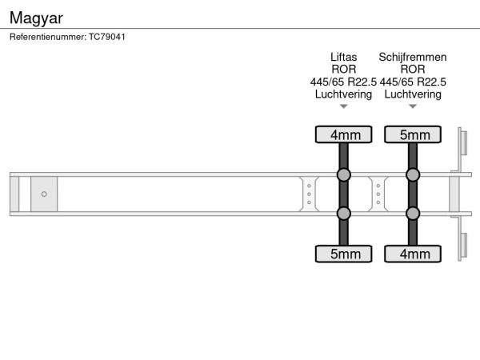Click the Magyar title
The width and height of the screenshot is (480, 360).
(36, 18)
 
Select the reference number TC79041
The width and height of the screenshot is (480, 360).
(107, 37)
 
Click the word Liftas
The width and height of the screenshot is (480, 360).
(343, 58)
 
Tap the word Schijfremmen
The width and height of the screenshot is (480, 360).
(413, 58)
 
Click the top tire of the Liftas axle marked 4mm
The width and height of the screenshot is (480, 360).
(343, 134)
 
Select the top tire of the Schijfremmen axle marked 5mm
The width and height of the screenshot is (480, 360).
(413, 134)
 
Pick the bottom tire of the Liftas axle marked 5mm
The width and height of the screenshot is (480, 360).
(343, 254)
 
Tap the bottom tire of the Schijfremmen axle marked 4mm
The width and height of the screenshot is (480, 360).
(413, 254)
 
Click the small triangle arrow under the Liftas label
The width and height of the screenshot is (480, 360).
(343, 106)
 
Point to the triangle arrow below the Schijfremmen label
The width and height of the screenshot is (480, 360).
(413, 106)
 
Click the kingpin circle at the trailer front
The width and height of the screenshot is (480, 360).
(44, 194)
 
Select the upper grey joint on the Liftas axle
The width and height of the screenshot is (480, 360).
(343, 174)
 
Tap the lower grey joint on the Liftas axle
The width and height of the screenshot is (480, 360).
(343, 214)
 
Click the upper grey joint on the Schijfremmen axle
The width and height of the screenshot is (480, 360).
(413, 174)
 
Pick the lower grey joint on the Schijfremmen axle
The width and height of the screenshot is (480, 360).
(413, 214)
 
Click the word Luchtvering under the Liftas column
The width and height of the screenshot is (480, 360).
(343, 94)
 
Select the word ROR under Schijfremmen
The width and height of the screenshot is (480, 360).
(413, 70)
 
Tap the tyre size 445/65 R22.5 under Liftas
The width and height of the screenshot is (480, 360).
(343, 82)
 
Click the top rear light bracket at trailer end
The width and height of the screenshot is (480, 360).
(462, 142)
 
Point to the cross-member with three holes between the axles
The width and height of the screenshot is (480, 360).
(378, 194)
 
